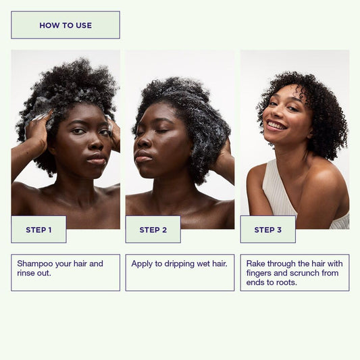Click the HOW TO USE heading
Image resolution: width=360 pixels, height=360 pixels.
coord(66,25)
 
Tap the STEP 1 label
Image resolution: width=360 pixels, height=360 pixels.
coord(38,230)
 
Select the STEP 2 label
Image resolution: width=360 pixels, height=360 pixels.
coord(153,230)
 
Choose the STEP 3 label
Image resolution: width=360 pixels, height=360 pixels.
coord(267,230)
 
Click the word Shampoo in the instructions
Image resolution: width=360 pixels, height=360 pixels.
coord(35,264)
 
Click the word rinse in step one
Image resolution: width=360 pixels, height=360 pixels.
coord(25,273)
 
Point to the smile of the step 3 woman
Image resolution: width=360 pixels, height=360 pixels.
coord(277,125)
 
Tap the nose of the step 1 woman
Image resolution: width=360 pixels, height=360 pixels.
coord(95,144)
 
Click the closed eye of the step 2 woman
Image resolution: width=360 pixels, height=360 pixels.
coord(162,132)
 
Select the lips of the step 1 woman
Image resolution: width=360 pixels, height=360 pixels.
coord(97,159)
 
